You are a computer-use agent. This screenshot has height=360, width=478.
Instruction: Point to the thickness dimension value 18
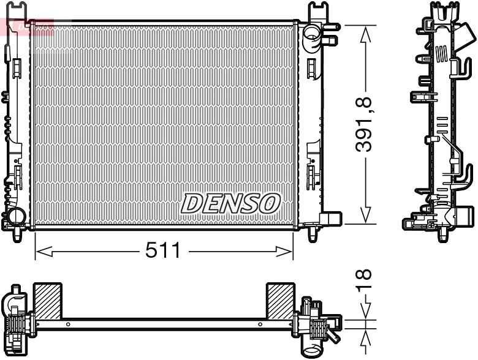point(366,280)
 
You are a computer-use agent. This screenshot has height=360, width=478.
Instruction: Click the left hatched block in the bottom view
point(48,301)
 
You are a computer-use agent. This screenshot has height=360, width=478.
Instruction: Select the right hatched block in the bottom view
point(279,301)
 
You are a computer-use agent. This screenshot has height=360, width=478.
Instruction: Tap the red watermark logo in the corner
point(28,26)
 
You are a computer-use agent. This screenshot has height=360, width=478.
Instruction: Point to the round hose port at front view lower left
point(13,216)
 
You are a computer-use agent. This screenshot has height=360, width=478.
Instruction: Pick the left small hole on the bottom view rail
point(68,324)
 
